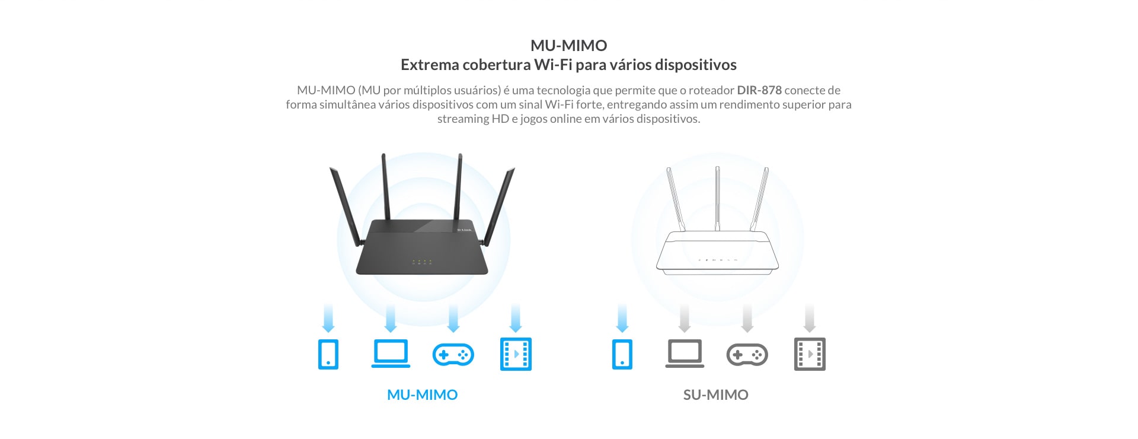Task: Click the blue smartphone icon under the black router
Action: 328,354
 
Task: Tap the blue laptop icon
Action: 391,354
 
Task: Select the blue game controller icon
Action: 453,355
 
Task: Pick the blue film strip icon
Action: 516,354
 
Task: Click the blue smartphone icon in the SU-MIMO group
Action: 622,354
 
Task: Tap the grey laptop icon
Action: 685,354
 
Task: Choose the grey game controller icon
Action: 747,355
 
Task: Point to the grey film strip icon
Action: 810,354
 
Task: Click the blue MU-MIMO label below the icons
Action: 422,395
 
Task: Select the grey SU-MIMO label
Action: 715,395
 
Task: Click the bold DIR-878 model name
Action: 759,90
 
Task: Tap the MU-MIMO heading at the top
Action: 569,45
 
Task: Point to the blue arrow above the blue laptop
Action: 391,319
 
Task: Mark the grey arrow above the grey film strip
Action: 810,319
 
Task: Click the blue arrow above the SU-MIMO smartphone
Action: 622,319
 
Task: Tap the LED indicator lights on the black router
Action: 422,262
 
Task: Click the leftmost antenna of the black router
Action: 346,206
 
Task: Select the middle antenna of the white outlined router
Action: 717,199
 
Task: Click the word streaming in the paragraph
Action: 463,119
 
